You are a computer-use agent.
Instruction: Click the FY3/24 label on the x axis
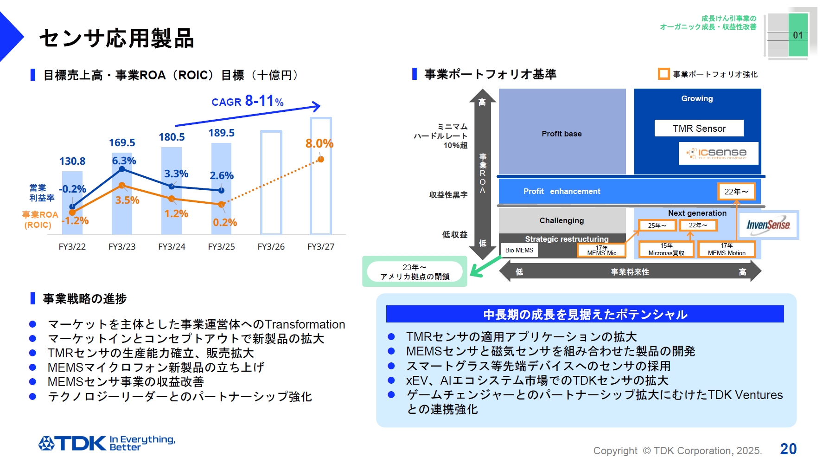point(172,247)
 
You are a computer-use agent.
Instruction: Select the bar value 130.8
point(72,161)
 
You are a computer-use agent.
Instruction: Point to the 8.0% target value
point(319,144)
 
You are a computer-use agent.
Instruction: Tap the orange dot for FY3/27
point(320,160)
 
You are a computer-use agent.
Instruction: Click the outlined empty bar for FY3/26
point(271,183)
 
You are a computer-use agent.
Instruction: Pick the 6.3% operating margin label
point(124,161)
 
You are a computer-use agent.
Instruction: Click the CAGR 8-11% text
point(248,101)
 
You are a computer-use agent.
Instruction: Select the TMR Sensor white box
point(699,129)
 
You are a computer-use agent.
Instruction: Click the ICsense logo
point(718,154)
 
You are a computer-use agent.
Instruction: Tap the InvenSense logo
point(768,225)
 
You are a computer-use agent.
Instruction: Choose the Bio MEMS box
point(519,250)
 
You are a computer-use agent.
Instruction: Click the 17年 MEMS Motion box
point(727,250)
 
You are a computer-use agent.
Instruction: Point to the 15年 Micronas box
point(666,250)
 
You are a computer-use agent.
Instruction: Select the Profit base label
point(561,134)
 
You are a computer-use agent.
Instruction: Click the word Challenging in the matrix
point(561,221)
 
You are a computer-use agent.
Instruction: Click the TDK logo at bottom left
point(72,444)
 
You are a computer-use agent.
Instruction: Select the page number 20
point(788,449)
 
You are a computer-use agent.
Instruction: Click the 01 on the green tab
point(798,35)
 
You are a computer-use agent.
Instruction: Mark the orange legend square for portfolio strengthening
point(664,74)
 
